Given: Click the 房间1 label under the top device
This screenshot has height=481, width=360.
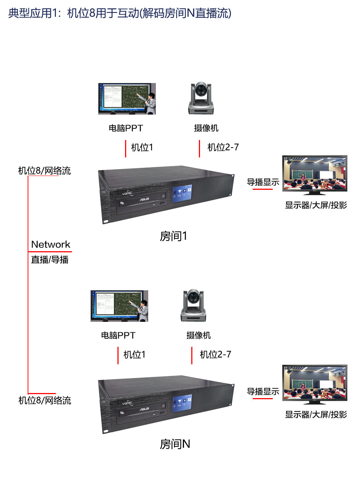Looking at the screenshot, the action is tap(173, 236).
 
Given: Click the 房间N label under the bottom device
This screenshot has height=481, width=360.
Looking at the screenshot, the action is tap(175, 444).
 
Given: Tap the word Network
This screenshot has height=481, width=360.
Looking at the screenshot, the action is tap(51, 244).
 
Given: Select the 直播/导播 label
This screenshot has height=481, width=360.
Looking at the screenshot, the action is tap(50, 260).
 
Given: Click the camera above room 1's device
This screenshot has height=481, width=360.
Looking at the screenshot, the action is tap(201, 98).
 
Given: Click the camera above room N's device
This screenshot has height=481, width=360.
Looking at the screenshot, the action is tap(193, 305).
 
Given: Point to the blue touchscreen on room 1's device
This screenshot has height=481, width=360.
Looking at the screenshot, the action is tap(182, 193).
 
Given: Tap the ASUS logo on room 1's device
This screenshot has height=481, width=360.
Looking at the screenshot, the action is tap(144, 199).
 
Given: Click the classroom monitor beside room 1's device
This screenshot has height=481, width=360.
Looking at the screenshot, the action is tap(315, 175).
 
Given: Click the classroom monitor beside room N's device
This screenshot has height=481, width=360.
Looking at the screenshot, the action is tap(315, 385).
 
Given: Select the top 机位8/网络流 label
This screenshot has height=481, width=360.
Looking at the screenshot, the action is tap(44, 171).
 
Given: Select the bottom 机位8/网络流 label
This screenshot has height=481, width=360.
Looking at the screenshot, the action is tap(45, 400).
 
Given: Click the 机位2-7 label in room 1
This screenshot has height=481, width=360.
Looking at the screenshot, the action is tap(223, 147).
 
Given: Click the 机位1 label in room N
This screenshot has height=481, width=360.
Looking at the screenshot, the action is tap(134, 354).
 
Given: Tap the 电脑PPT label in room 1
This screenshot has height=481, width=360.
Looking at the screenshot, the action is tap(126, 128).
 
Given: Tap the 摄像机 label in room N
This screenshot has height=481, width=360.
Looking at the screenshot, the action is tap(199, 336).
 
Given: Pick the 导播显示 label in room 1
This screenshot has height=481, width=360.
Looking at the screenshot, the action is tap(263, 182).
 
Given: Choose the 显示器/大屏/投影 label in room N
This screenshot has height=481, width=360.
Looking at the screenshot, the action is tap(316, 414).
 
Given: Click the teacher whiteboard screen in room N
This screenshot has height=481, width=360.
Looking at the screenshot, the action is tap(119, 306).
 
